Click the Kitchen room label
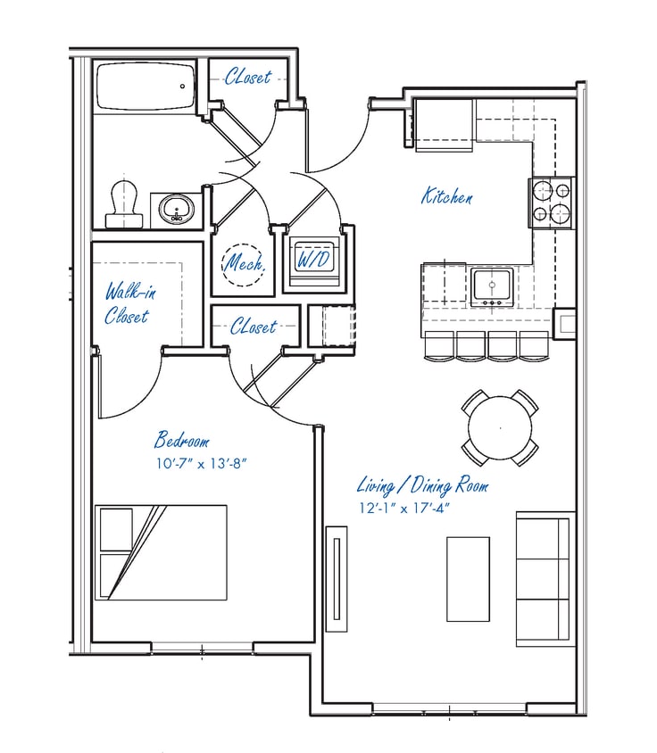point(447,196)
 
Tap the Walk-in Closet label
point(127,302)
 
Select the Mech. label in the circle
point(240,263)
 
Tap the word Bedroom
point(182,441)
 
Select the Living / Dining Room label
point(422,486)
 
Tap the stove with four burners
point(552,203)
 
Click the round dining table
point(500,428)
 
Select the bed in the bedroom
point(162,552)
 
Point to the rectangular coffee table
point(468,578)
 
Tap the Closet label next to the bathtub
point(247,78)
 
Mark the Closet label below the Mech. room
point(254,327)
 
